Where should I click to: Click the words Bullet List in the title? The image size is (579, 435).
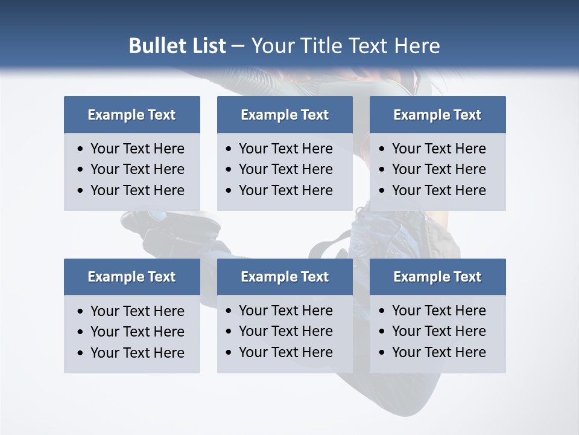click(177, 46)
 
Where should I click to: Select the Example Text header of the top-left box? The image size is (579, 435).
click(131, 115)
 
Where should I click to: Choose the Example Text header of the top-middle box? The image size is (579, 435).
click(285, 115)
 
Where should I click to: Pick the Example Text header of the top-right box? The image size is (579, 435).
click(437, 115)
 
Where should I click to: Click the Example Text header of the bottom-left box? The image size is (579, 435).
click(131, 277)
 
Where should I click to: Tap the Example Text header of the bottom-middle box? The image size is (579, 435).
click(285, 277)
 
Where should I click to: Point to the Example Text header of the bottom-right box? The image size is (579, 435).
click(437, 277)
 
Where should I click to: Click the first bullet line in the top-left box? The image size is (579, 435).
click(137, 149)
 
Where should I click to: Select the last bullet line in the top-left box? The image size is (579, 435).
click(137, 190)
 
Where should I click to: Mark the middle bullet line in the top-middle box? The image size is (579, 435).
click(285, 169)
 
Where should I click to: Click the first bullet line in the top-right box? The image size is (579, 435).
click(438, 149)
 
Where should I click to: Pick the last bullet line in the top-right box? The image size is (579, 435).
click(438, 190)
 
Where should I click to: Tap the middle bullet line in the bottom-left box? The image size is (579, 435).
click(137, 332)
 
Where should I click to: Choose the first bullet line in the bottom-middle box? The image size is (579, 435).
click(285, 311)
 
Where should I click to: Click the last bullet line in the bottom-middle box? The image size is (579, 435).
click(285, 352)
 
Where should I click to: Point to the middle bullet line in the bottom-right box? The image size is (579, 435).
click(438, 331)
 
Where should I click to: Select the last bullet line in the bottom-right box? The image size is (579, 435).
click(438, 352)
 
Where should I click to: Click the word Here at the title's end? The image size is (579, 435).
click(417, 46)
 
